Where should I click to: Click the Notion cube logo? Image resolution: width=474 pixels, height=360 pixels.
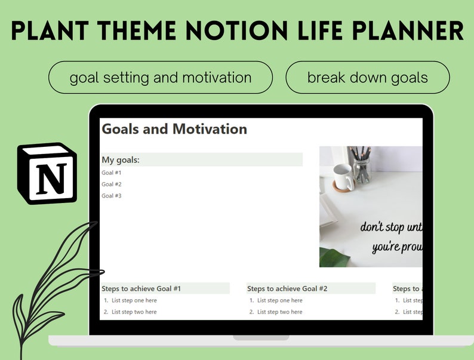click(47, 174)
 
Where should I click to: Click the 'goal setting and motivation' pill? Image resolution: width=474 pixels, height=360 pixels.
click(161, 78)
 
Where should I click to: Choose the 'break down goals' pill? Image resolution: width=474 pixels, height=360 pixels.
click(367, 78)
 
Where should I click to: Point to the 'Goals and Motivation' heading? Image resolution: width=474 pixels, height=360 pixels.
click(174, 129)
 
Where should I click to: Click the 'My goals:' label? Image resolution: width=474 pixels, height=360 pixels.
click(121, 160)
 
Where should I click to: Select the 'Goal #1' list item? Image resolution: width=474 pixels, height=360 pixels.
click(112, 173)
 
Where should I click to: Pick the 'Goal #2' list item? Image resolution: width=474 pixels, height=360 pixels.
click(112, 184)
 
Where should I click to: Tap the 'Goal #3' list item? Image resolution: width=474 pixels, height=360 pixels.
click(112, 196)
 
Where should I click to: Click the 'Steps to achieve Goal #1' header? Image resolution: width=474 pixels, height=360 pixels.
click(141, 289)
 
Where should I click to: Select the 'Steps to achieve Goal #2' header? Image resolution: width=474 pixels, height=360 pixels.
click(287, 289)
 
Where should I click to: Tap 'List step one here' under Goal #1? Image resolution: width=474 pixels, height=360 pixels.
click(134, 301)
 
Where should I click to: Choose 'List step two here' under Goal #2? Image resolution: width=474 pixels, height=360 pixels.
click(280, 312)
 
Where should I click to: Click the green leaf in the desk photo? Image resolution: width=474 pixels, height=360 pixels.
click(334, 257)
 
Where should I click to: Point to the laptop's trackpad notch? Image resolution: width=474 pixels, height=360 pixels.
click(261, 338)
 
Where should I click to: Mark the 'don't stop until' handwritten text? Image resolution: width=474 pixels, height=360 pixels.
click(391, 227)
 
